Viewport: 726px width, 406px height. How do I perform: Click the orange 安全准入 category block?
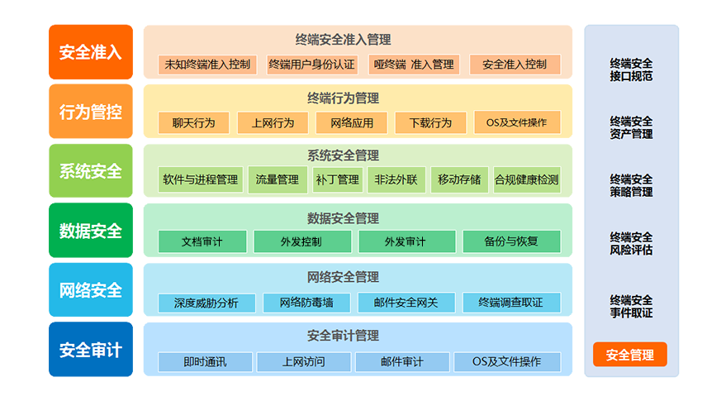pos(90,52)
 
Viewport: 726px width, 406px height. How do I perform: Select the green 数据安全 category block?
pos(90,231)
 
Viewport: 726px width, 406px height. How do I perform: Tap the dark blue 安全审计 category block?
pos(90,350)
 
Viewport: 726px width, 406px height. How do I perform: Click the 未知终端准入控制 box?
pos(207,64)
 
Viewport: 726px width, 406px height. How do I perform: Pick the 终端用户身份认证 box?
pos(311,64)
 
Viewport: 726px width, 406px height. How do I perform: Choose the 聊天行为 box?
pos(193,123)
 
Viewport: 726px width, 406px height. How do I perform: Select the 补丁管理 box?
pos(337,179)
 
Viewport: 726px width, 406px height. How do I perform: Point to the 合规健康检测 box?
pos(526,179)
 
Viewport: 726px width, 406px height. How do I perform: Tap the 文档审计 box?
pos(202,241)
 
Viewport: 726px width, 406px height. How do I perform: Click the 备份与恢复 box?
pos(511,241)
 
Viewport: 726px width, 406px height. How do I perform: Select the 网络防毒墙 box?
pos(306,303)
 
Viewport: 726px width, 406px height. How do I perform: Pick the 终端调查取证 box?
pos(511,303)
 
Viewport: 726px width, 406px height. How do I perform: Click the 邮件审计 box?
pos(402,362)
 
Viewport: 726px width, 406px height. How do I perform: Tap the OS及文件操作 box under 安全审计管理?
pos(507,362)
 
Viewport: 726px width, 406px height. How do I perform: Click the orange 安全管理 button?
pos(629,355)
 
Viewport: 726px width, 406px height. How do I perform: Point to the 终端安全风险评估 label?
pos(631,243)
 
